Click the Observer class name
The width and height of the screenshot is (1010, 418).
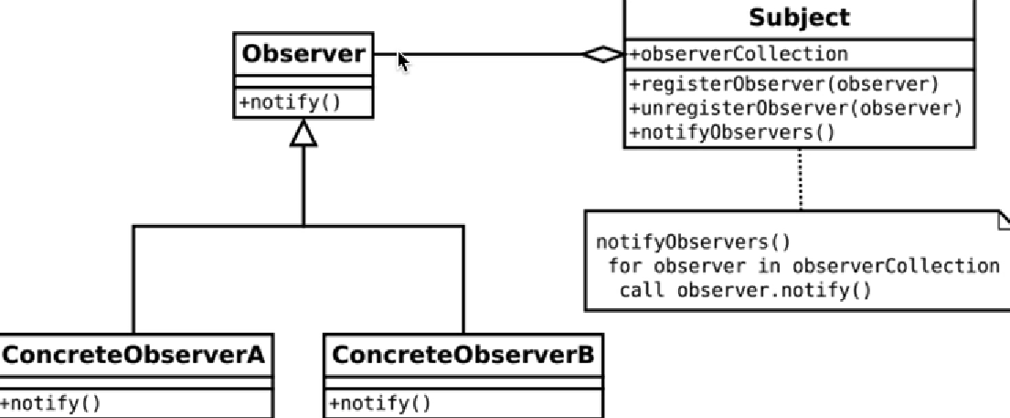[x=303, y=55]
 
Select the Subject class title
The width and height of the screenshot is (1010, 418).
[x=799, y=17]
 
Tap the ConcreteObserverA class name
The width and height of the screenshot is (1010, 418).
[x=133, y=355]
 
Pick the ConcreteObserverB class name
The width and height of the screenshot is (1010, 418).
[x=462, y=355]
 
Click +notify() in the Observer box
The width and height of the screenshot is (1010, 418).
[x=290, y=102]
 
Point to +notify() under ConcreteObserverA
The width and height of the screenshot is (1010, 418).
[x=51, y=403]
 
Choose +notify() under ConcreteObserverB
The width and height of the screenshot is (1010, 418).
[x=379, y=403]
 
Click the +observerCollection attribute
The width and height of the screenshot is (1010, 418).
[x=739, y=54]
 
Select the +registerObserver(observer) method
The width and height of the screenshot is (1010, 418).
[x=784, y=84]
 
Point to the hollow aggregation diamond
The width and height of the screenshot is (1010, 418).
[x=603, y=55]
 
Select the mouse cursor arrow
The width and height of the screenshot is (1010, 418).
[x=403, y=60]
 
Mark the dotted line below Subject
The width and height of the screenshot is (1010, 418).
[x=801, y=178]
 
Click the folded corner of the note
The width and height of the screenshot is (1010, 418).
[x=1003, y=218]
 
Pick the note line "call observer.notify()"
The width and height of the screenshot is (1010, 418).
[x=745, y=291]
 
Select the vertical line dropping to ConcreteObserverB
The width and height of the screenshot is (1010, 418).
[x=463, y=279]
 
